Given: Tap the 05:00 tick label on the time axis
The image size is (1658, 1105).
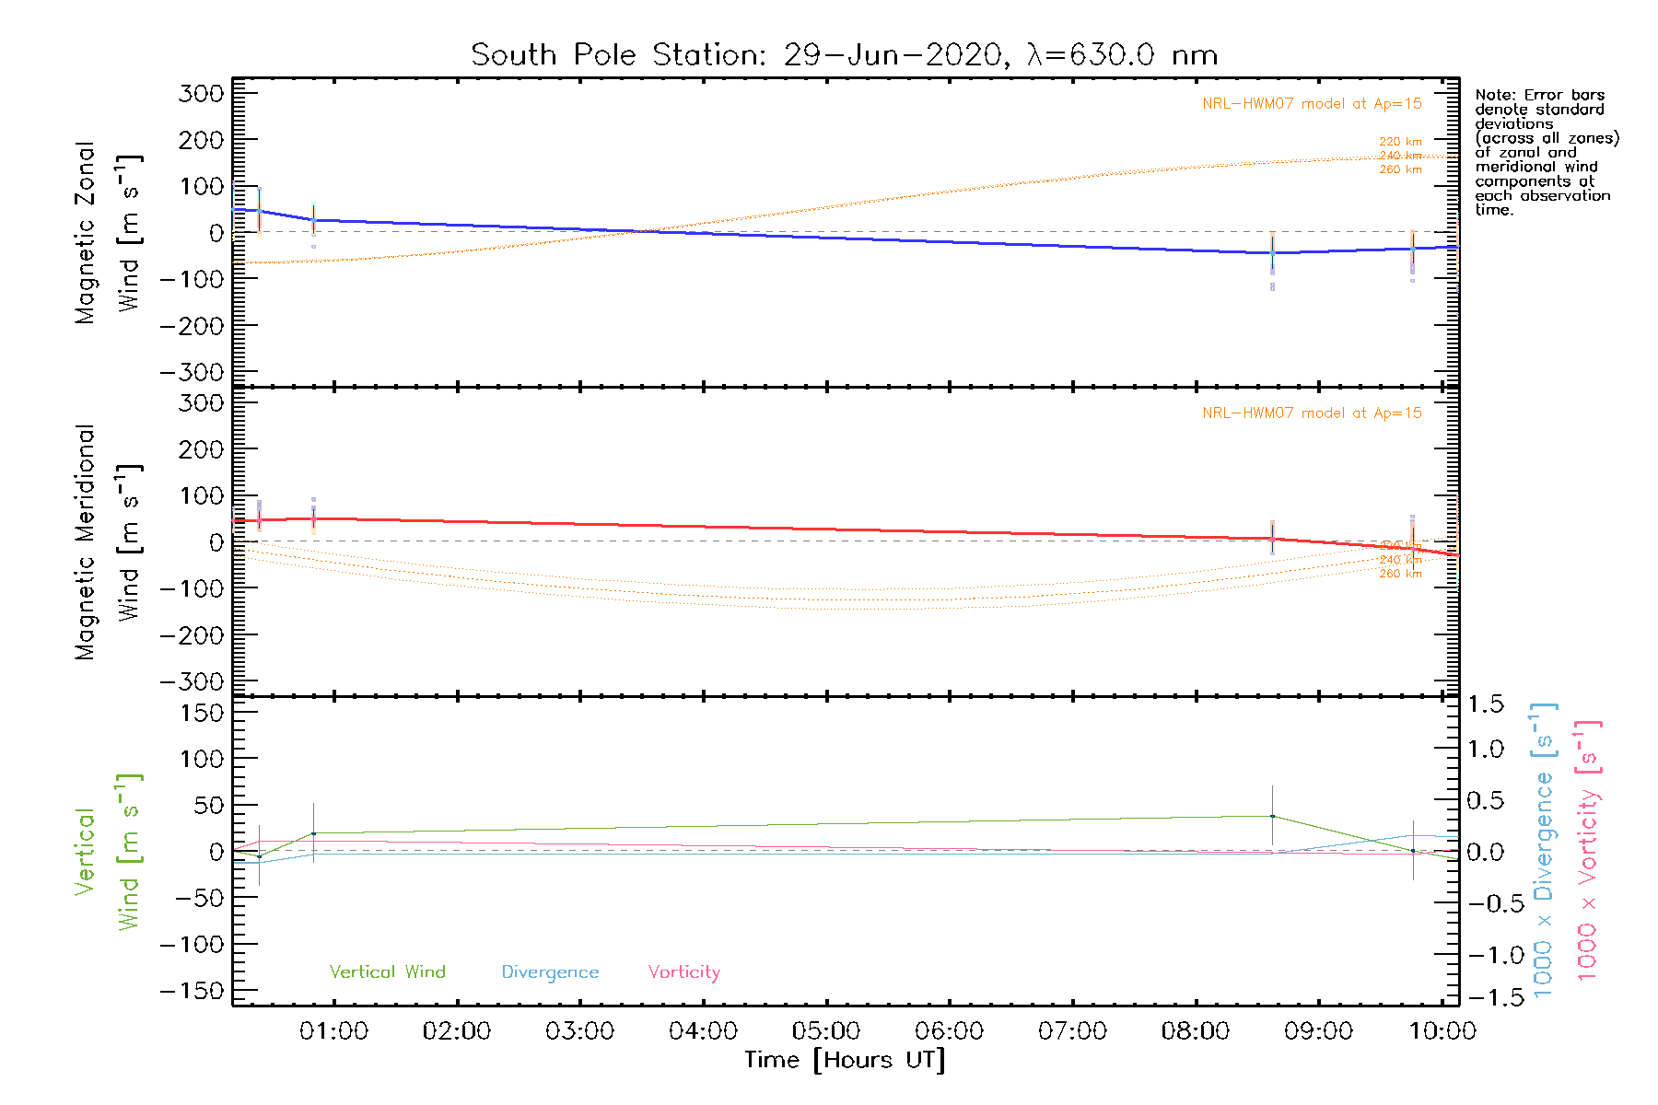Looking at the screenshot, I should pyautogui.click(x=826, y=1031).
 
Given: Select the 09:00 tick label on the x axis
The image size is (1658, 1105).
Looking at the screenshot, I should pyautogui.click(x=1318, y=1031).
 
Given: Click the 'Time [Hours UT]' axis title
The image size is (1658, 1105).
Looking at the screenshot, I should pyautogui.click(x=845, y=1061).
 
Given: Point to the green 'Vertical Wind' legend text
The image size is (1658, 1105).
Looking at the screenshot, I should pyautogui.click(x=387, y=972).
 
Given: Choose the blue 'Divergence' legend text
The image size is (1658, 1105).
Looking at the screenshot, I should pyautogui.click(x=550, y=972).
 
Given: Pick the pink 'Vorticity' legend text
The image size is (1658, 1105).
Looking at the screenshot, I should pyautogui.click(x=683, y=972).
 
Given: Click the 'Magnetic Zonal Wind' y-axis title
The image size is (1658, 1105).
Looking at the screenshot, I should pyautogui.click(x=107, y=232).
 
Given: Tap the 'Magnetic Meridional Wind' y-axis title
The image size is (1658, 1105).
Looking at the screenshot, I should pyautogui.click(x=107, y=541).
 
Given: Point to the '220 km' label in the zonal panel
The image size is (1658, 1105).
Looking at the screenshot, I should pyautogui.click(x=1400, y=142).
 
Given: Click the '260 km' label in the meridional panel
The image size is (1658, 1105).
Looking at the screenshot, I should pyautogui.click(x=1400, y=574).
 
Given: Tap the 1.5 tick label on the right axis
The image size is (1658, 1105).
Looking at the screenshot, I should pyautogui.click(x=1486, y=704).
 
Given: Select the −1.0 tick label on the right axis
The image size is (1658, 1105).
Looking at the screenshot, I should pyautogui.click(x=1492, y=955).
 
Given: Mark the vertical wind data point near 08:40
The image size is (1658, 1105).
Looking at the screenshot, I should pyautogui.click(x=1272, y=816).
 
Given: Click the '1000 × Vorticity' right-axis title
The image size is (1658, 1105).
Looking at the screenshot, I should pyautogui.click(x=1588, y=852).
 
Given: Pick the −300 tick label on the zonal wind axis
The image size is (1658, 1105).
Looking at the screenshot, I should pyautogui.click(x=192, y=372).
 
